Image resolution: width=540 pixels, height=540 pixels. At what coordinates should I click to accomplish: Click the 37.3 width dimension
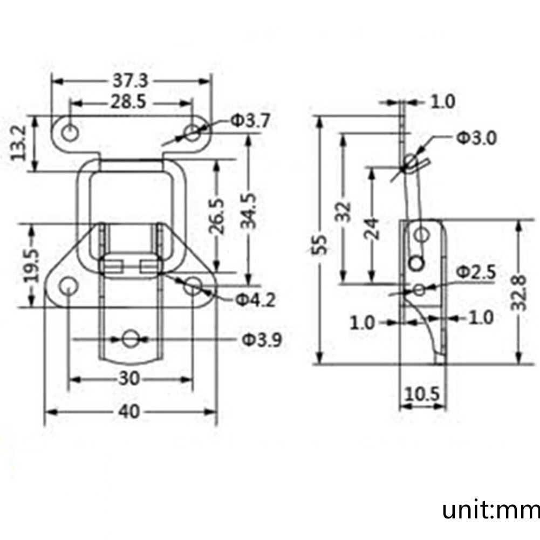130,81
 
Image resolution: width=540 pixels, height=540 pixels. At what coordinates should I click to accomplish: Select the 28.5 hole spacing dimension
128,102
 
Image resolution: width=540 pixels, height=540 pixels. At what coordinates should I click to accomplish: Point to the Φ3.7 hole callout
250,121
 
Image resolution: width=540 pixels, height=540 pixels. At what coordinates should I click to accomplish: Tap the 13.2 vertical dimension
18,142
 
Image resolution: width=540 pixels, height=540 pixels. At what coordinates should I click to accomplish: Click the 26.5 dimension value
217,216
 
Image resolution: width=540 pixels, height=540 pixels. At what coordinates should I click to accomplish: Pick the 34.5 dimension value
249,211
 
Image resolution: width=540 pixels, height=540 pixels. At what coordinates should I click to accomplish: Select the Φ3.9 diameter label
262,340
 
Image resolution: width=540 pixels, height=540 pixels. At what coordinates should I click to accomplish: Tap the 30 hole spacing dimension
129,379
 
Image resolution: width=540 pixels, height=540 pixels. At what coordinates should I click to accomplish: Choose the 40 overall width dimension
129,412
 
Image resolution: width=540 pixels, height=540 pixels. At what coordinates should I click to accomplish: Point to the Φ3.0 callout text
477,138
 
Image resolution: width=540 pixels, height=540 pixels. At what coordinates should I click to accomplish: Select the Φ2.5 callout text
476,272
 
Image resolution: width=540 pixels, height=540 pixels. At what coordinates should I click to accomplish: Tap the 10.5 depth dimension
422,394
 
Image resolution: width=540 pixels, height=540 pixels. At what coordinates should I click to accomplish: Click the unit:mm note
491,510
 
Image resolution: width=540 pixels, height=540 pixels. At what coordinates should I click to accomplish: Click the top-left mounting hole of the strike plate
70,132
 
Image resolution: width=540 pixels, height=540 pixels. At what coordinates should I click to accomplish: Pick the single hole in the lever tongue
130,339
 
